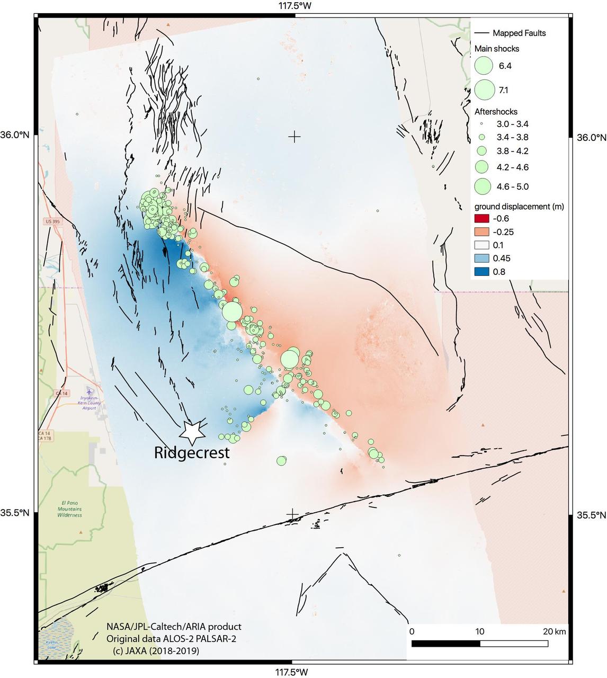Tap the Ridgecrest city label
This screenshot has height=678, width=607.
(x=192, y=453)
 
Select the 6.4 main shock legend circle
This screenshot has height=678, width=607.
(x=484, y=66)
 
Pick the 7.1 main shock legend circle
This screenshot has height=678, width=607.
(x=484, y=90)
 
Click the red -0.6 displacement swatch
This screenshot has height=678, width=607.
(x=481, y=219)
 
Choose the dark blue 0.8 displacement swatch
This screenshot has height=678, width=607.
(x=481, y=272)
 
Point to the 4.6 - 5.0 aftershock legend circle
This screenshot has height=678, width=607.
(x=483, y=186)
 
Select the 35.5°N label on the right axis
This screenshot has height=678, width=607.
(x=591, y=515)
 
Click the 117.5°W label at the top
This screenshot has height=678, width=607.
(x=294, y=6)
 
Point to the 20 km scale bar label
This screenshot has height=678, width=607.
(x=554, y=631)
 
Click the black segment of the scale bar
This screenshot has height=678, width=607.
(x=445, y=644)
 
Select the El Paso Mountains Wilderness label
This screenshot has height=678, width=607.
(x=69, y=509)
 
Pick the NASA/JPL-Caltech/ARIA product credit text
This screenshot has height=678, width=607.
(x=173, y=627)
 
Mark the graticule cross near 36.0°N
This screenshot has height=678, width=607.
(x=294, y=137)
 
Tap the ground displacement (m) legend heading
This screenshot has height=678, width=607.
(x=519, y=206)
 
